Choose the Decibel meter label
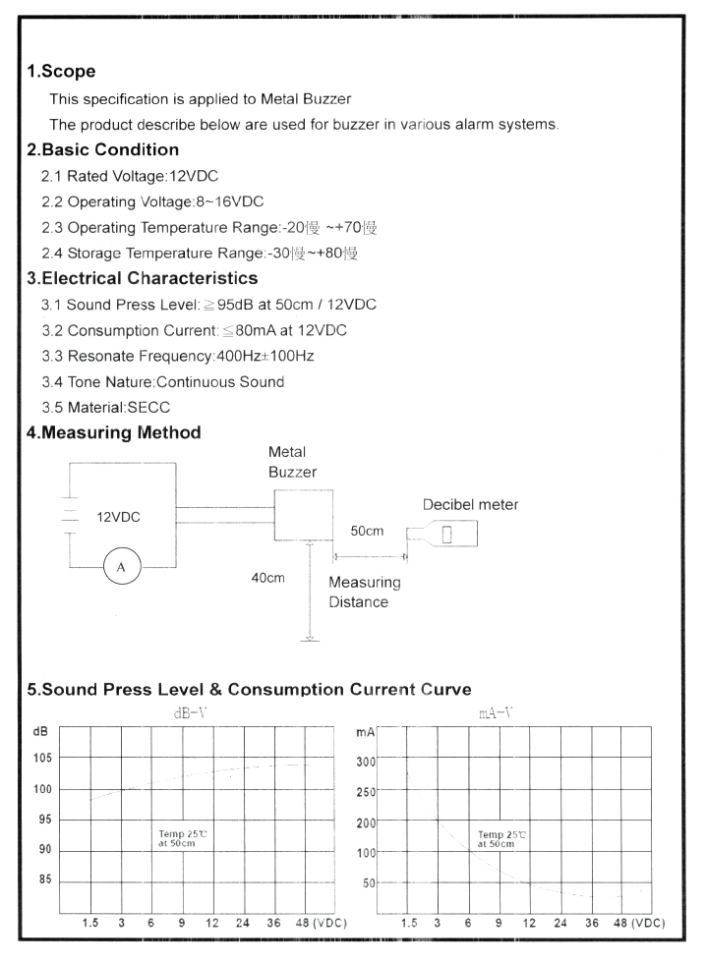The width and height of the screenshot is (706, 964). pos(469,505)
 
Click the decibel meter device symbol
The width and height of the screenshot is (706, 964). pos(443,536)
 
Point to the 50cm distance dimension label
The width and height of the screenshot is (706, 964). pos(367,531)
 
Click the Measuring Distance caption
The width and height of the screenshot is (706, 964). pos(364,592)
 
